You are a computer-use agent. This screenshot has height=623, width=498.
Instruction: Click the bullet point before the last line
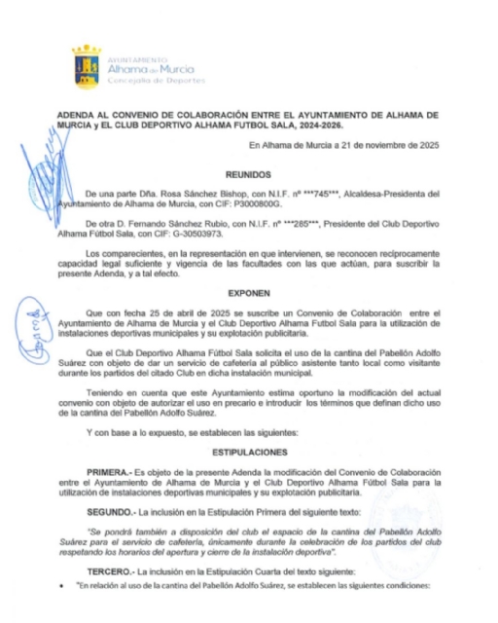pyautogui.click(x=61, y=584)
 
